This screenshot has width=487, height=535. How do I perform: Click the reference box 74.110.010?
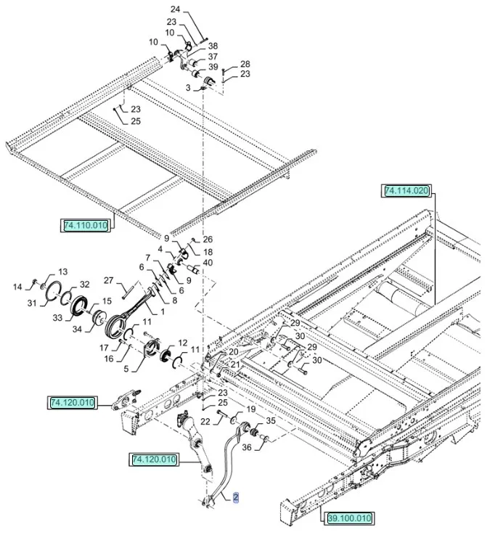86,226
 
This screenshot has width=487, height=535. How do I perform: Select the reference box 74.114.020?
407,191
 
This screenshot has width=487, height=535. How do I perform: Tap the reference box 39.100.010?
349,518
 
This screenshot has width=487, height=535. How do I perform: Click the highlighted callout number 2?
235,497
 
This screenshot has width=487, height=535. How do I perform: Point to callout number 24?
175,9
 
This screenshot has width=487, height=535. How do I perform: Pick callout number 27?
108,280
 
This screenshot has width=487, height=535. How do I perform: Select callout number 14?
18,287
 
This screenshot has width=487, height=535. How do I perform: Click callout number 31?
31,303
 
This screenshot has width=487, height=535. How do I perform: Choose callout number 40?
208,262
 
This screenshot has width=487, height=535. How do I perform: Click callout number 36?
247,448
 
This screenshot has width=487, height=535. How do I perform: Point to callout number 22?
205,420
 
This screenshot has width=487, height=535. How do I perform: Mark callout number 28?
245,64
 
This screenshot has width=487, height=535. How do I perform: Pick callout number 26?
208,240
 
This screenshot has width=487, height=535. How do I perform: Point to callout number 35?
270,420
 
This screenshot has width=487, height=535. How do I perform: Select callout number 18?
208,251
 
